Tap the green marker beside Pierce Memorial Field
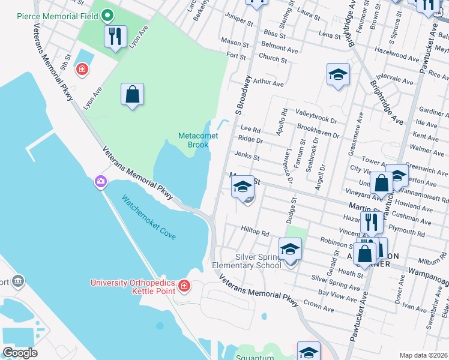(x=107, y=13)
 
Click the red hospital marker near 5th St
(x=82, y=70)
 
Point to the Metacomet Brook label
(x=193, y=140)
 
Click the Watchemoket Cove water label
(x=149, y=217)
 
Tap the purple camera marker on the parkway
(x=100, y=181)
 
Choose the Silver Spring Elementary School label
(x=246, y=260)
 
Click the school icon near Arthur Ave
(x=339, y=75)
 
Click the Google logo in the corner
(x=20, y=353)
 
